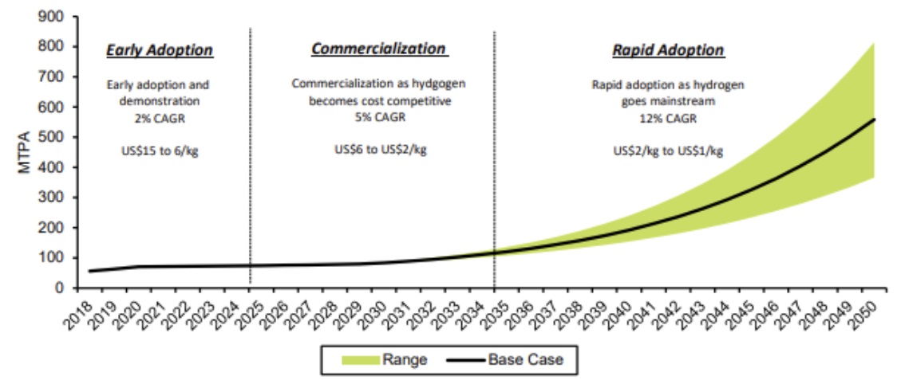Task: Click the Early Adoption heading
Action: tap(160, 50)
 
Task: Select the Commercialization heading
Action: tap(378, 49)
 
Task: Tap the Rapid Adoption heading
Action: tap(668, 50)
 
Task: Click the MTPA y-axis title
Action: tap(24, 152)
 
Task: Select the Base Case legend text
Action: tap(528, 360)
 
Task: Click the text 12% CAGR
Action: tap(668, 118)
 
